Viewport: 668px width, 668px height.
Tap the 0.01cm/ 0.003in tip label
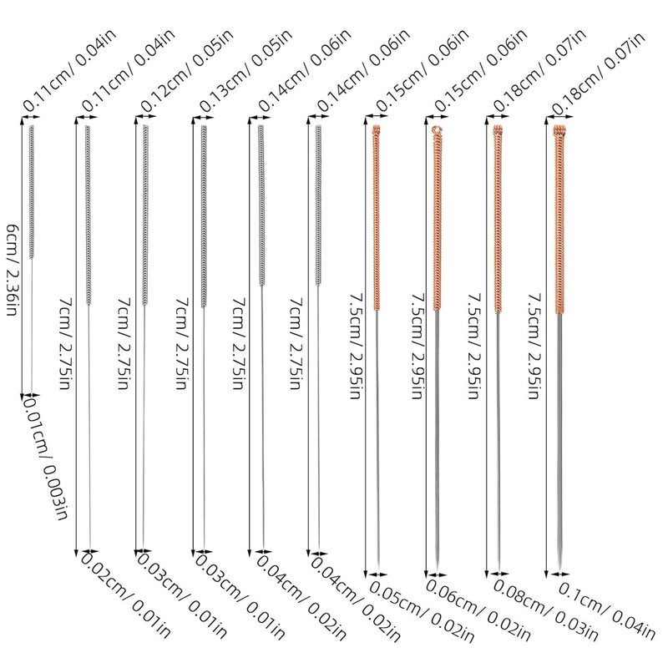(x=46, y=457)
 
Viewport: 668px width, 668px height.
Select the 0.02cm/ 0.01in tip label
(x=126, y=595)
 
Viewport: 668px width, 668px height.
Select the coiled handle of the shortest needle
(x=31, y=192)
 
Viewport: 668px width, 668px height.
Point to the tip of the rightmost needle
(x=559, y=571)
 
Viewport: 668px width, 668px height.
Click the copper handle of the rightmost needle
(x=559, y=220)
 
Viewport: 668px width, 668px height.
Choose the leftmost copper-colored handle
(x=377, y=217)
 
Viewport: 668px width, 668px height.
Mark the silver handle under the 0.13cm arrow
(x=204, y=216)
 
